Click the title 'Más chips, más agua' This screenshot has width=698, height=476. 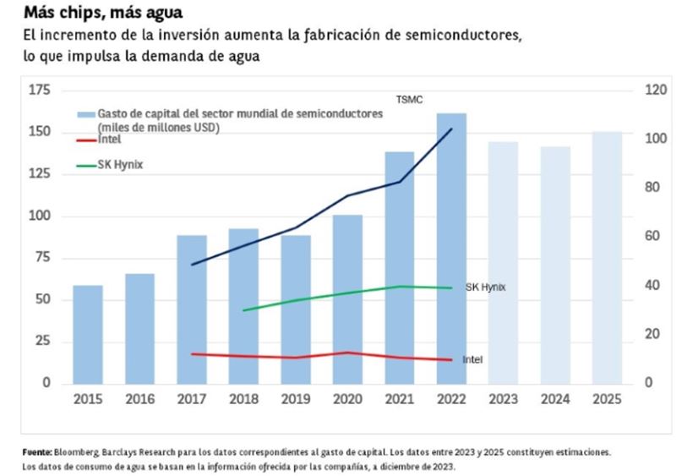(x=102, y=14)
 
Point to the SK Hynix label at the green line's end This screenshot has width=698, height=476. (x=485, y=287)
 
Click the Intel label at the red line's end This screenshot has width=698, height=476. (x=472, y=359)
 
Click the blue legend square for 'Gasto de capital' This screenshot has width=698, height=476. (x=85, y=112)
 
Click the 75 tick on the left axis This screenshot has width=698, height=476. (x=41, y=258)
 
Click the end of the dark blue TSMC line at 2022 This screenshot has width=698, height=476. (x=451, y=129)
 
